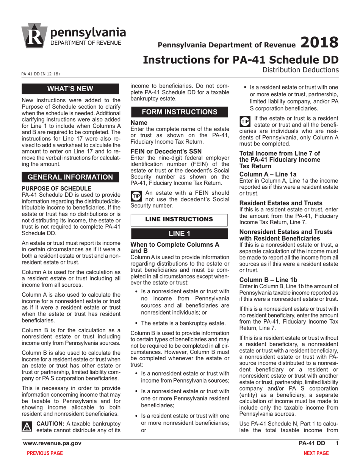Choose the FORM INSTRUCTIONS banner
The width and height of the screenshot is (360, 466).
pos(179,112)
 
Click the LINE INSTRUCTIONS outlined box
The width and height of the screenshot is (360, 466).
pos(179,220)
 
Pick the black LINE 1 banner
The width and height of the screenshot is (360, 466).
pos(179,233)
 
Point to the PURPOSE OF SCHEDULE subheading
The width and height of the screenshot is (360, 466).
pos(56,188)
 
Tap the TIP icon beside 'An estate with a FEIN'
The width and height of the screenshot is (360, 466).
pos(136,195)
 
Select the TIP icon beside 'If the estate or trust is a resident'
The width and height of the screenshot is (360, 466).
pos(245,121)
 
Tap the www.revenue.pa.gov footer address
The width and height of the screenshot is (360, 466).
pos(52,443)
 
